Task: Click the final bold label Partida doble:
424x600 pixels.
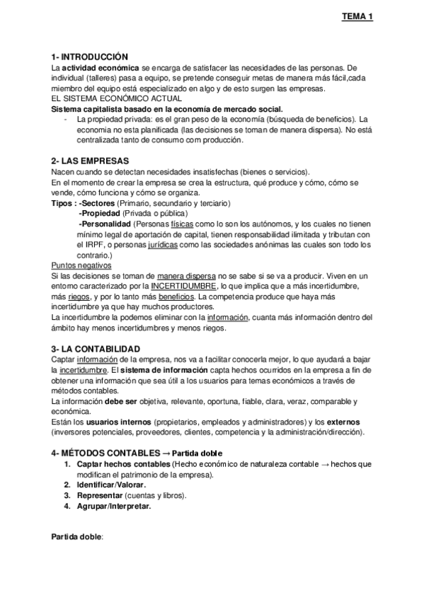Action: [x=78, y=537]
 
